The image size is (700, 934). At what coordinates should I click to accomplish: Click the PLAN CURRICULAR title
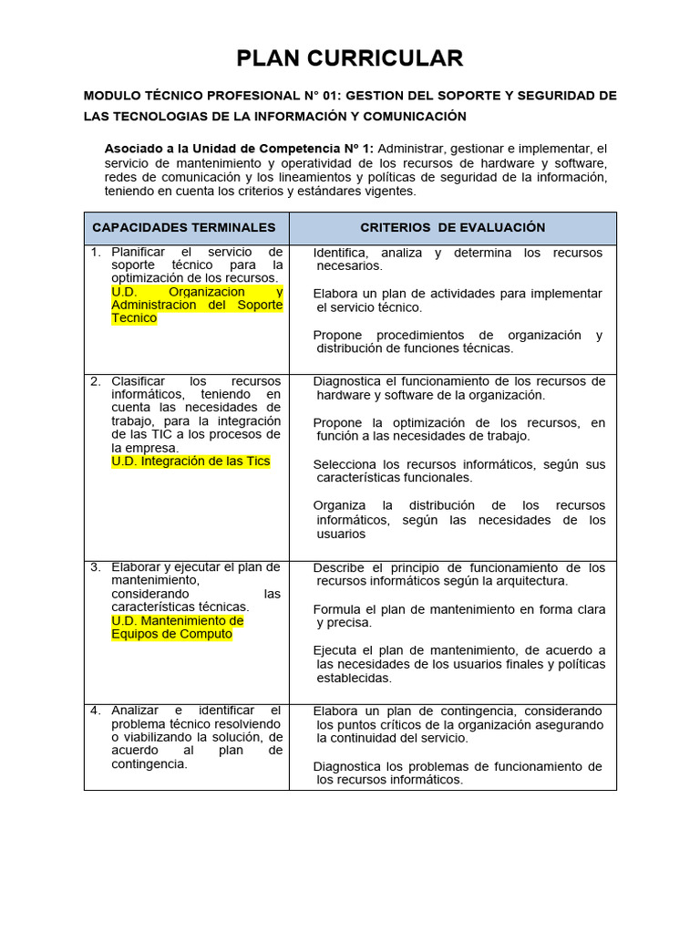point(350,58)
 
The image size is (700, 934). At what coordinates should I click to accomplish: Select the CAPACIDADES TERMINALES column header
point(184,227)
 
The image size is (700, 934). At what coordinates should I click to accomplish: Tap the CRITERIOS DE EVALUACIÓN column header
point(452,227)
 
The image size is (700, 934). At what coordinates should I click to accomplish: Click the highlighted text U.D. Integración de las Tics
point(190,462)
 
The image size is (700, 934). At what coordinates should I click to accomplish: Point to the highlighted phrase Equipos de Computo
point(171,634)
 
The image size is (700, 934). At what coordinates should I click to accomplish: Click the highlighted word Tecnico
point(134,318)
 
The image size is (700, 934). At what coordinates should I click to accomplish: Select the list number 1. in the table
point(96,251)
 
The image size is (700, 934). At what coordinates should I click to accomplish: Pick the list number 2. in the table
point(96,380)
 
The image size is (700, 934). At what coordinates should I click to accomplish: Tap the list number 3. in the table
point(96,566)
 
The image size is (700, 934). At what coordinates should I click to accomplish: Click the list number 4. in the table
point(96,710)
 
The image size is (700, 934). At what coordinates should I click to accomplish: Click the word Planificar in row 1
point(139,251)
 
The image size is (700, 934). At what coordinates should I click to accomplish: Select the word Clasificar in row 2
point(138,380)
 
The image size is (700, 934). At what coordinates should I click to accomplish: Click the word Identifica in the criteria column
point(340,253)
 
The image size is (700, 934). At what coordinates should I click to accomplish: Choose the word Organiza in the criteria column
point(339,505)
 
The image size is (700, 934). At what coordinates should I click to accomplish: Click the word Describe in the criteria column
point(338,567)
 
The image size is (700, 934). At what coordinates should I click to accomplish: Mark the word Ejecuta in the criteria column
point(336,650)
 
